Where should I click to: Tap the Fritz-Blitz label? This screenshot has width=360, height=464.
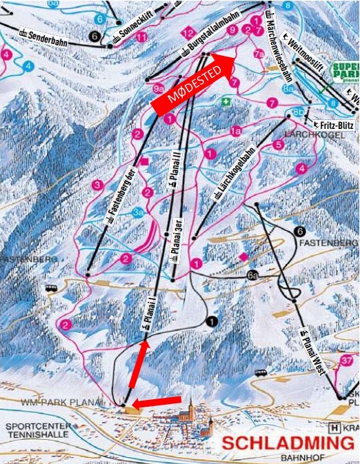[x=333, y=125]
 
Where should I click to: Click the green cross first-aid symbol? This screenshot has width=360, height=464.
[x=224, y=101]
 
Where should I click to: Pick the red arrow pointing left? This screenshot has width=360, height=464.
[x=157, y=402]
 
